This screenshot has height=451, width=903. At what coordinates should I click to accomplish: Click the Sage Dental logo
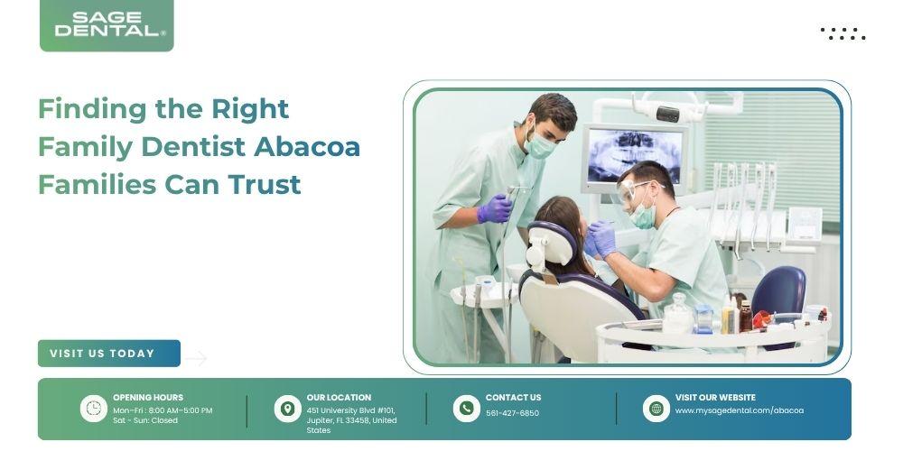coord(107,24)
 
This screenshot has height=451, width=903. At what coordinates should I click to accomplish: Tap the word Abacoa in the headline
coord(307,146)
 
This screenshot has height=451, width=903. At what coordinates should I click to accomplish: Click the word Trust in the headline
coord(265,185)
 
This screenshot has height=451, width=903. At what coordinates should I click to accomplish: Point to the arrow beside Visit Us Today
coord(196,358)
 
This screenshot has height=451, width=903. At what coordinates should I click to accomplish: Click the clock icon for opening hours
coord(93,409)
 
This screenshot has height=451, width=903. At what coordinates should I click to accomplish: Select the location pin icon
coord(287,409)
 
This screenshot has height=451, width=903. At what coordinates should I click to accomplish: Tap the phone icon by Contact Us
coord(467,409)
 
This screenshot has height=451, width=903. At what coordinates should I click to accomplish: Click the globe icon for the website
coord(656,409)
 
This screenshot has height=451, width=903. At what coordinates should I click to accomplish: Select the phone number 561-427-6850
coord(513,413)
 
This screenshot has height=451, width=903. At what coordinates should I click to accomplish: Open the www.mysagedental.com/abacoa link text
coord(740,410)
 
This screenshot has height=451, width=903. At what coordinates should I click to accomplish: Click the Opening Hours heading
coord(148,398)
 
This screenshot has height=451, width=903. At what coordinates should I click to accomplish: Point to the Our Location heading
coord(339,398)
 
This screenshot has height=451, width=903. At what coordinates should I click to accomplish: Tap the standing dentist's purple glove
coord(494,208)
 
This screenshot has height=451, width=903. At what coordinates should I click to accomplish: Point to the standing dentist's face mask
coord(540,145)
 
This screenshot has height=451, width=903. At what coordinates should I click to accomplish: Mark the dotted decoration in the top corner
coord(842,33)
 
